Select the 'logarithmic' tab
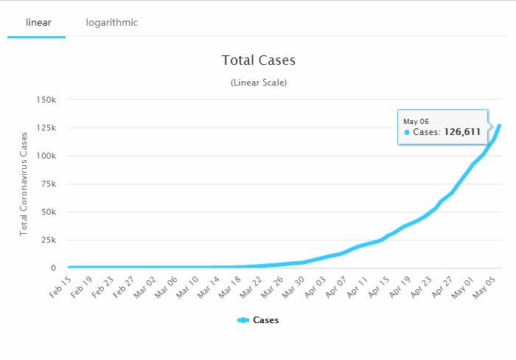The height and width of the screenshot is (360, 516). click(111, 23)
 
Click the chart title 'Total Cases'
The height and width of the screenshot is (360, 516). click(258, 60)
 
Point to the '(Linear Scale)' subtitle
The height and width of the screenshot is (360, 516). click(258, 83)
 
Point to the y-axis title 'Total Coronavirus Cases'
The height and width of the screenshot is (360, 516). click(24, 183)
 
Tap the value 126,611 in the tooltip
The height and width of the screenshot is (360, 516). click(461, 132)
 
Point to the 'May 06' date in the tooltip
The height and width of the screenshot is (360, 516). click(416, 120)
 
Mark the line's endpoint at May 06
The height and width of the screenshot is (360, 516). click(499, 126)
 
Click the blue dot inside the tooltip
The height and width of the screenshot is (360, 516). click(407, 133)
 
